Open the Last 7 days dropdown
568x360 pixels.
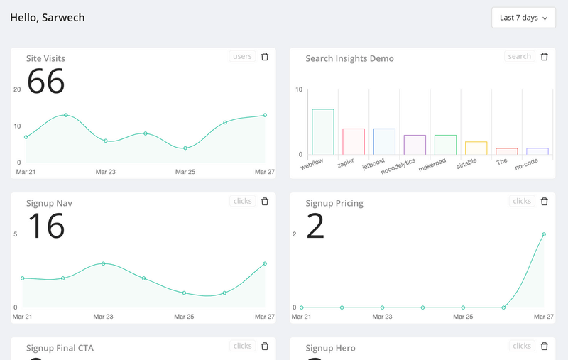(x=523, y=18)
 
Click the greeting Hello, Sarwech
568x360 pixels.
(x=48, y=18)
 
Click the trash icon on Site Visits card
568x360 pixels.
(x=265, y=57)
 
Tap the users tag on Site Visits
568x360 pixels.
(x=242, y=57)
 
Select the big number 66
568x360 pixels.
(x=46, y=82)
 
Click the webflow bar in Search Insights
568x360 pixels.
(x=323, y=131)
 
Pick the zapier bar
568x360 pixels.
(x=354, y=141)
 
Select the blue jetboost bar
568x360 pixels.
(x=384, y=141)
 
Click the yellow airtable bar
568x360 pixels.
(x=476, y=148)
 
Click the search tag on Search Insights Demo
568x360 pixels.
(x=519, y=57)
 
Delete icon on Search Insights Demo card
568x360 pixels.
(x=545, y=57)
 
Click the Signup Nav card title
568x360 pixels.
(x=49, y=203)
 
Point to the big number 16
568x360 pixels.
(x=46, y=227)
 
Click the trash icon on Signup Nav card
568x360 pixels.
(x=265, y=202)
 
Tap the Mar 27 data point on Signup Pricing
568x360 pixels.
(x=544, y=234)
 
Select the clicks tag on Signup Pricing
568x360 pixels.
(x=522, y=202)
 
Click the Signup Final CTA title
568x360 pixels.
(x=60, y=348)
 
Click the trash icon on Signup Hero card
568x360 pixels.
(x=545, y=347)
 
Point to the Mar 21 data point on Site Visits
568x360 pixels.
(x=26, y=137)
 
